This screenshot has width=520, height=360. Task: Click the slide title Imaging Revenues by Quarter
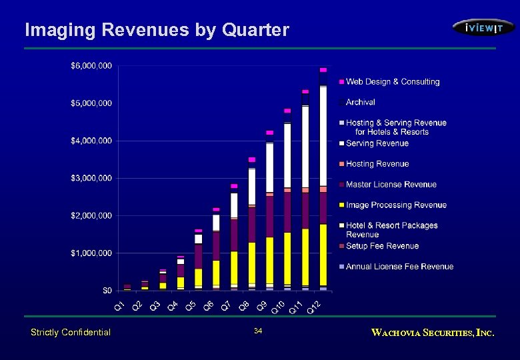click(x=157, y=30)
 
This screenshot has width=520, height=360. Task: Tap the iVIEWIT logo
click(x=483, y=27)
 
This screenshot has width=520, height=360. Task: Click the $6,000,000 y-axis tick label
click(x=91, y=65)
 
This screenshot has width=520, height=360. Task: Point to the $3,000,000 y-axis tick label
click(x=91, y=178)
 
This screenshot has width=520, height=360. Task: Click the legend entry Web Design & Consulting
click(x=392, y=82)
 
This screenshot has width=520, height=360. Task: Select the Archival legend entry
click(x=360, y=102)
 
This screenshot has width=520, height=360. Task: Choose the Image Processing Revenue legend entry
click(x=396, y=205)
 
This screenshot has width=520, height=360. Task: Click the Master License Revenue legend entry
click(x=391, y=185)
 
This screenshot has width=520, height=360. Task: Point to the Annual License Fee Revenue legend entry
click(x=399, y=267)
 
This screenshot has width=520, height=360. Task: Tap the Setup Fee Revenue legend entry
click(x=382, y=246)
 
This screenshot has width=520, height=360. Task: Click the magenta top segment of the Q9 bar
click(x=269, y=133)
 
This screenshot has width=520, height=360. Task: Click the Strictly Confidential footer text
click(x=71, y=332)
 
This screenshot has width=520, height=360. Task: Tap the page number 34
click(x=259, y=331)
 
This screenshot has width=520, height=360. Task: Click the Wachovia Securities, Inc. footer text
click(x=433, y=332)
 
